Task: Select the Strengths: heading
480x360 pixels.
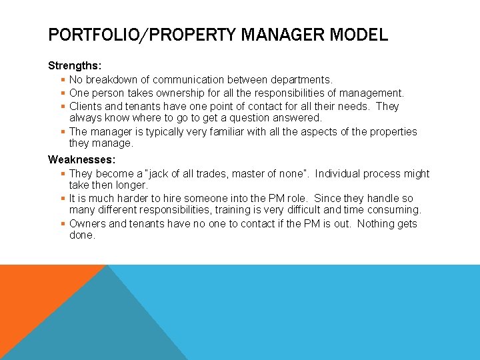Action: pyautogui.click(x=75, y=66)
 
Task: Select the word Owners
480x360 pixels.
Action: pyautogui.click(x=87, y=223)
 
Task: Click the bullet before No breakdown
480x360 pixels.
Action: pyautogui.click(x=63, y=80)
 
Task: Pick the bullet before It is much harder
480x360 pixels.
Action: pyautogui.click(x=63, y=198)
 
